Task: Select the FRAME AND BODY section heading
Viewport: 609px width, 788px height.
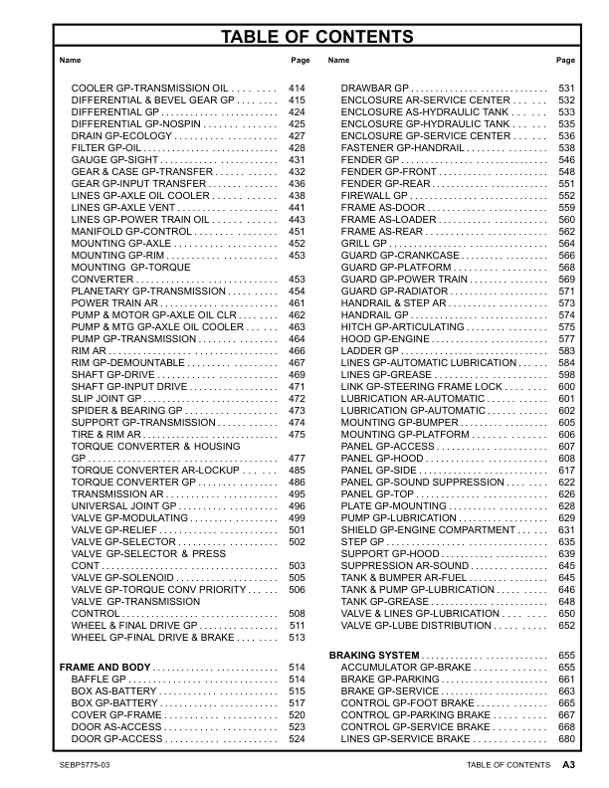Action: click(x=105, y=666)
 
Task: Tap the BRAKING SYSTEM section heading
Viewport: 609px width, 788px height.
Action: click(x=373, y=654)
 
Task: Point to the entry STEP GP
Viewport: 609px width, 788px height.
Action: click(x=362, y=541)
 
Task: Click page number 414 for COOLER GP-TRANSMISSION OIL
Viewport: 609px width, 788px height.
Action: click(x=296, y=89)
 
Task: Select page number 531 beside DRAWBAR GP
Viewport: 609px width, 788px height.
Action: click(x=566, y=89)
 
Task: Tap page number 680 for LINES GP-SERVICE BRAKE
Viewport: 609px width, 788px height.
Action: click(x=566, y=739)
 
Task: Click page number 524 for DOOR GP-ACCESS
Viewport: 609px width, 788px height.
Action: click(x=296, y=739)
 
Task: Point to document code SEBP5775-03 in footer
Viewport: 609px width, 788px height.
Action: click(x=86, y=765)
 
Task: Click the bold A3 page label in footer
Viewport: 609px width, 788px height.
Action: click(x=568, y=765)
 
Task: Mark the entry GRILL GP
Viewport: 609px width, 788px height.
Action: click(x=364, y=243)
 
